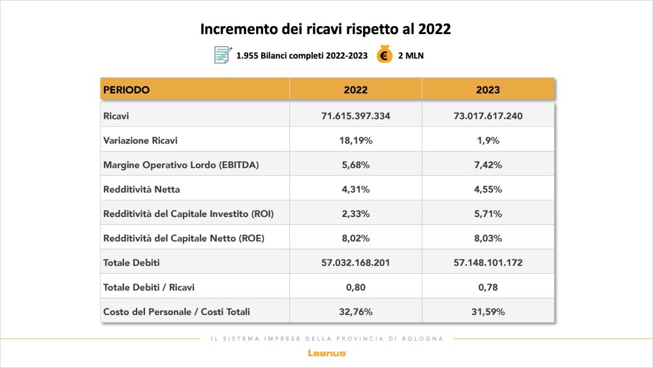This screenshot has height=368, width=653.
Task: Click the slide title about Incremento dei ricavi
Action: (x=326, y=29)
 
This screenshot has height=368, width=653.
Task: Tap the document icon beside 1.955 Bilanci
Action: (x=223, y=55)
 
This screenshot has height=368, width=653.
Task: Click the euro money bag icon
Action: (x=384, y=55)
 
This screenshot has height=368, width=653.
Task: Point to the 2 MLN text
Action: (x=411, y=56)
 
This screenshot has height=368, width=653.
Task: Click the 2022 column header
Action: (x=356, y=90)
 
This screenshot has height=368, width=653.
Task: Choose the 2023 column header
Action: (x=488, y=90)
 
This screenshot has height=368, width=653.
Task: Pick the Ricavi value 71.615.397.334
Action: (x=356, y=116)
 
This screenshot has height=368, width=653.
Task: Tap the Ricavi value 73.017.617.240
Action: (x=488, y=116)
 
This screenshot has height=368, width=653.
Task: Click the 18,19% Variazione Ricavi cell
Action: (x=356, y=140)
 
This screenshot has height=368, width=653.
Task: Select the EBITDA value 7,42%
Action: (x=488, y=165)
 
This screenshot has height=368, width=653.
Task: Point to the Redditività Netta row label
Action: (x=141, y=190)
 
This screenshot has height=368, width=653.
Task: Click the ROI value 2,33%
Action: (x=356, y=214)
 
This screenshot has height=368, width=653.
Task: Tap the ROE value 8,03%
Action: (x=488, y=239)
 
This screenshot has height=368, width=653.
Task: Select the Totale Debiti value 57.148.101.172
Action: (x=488, y=263)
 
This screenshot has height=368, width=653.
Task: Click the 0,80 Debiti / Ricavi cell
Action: (x=356, y=287)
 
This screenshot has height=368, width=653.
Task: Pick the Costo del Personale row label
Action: (x=176, y=312)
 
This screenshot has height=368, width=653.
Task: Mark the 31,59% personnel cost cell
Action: (x=488, y=312)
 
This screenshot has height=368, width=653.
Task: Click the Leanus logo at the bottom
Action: (x=326, y=353)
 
